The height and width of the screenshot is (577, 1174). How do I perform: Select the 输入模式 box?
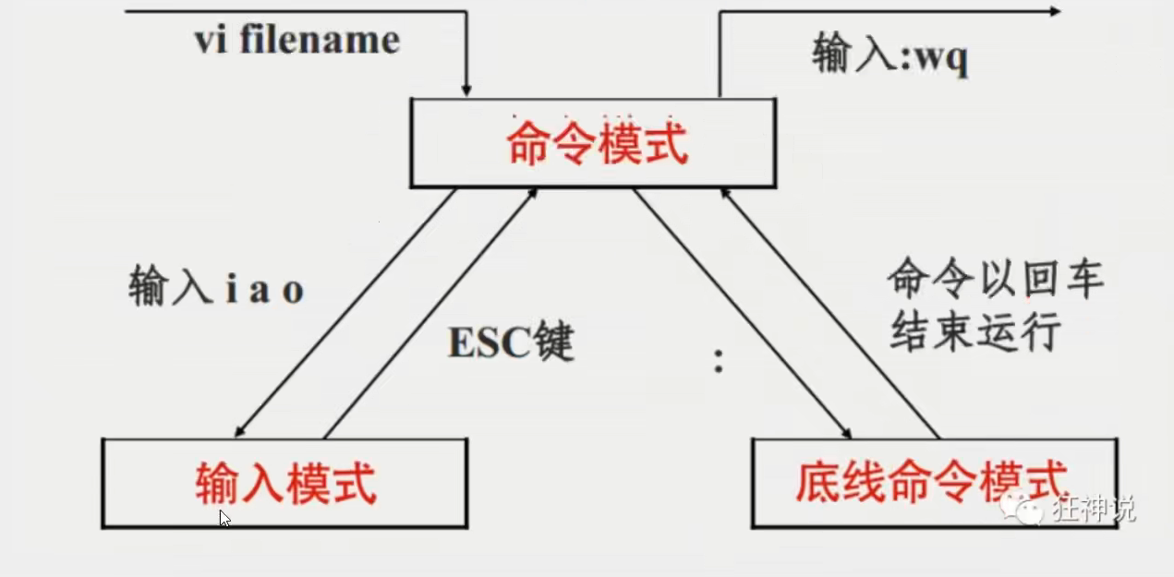click(x=285, y=483)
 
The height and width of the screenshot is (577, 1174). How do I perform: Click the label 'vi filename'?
click(x=297, y=41)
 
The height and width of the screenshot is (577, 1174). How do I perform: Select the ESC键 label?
click(x=511, y=343)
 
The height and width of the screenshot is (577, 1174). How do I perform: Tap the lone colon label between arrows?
click(x=718, y=362)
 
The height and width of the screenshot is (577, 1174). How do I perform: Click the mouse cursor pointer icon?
click(x=224, y=518)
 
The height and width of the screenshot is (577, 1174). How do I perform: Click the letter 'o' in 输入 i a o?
click(x=293, y=292)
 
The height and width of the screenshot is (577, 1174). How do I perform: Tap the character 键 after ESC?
click(x=552, y=343)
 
